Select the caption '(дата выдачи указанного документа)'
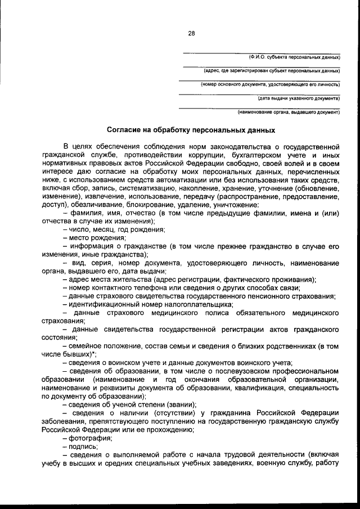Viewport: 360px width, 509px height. coord(299,98)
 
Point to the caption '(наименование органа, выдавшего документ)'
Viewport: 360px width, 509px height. coord(289,111)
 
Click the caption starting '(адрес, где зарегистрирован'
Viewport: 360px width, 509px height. coord(272,71)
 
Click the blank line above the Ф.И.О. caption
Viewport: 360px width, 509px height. coord(262,52)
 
